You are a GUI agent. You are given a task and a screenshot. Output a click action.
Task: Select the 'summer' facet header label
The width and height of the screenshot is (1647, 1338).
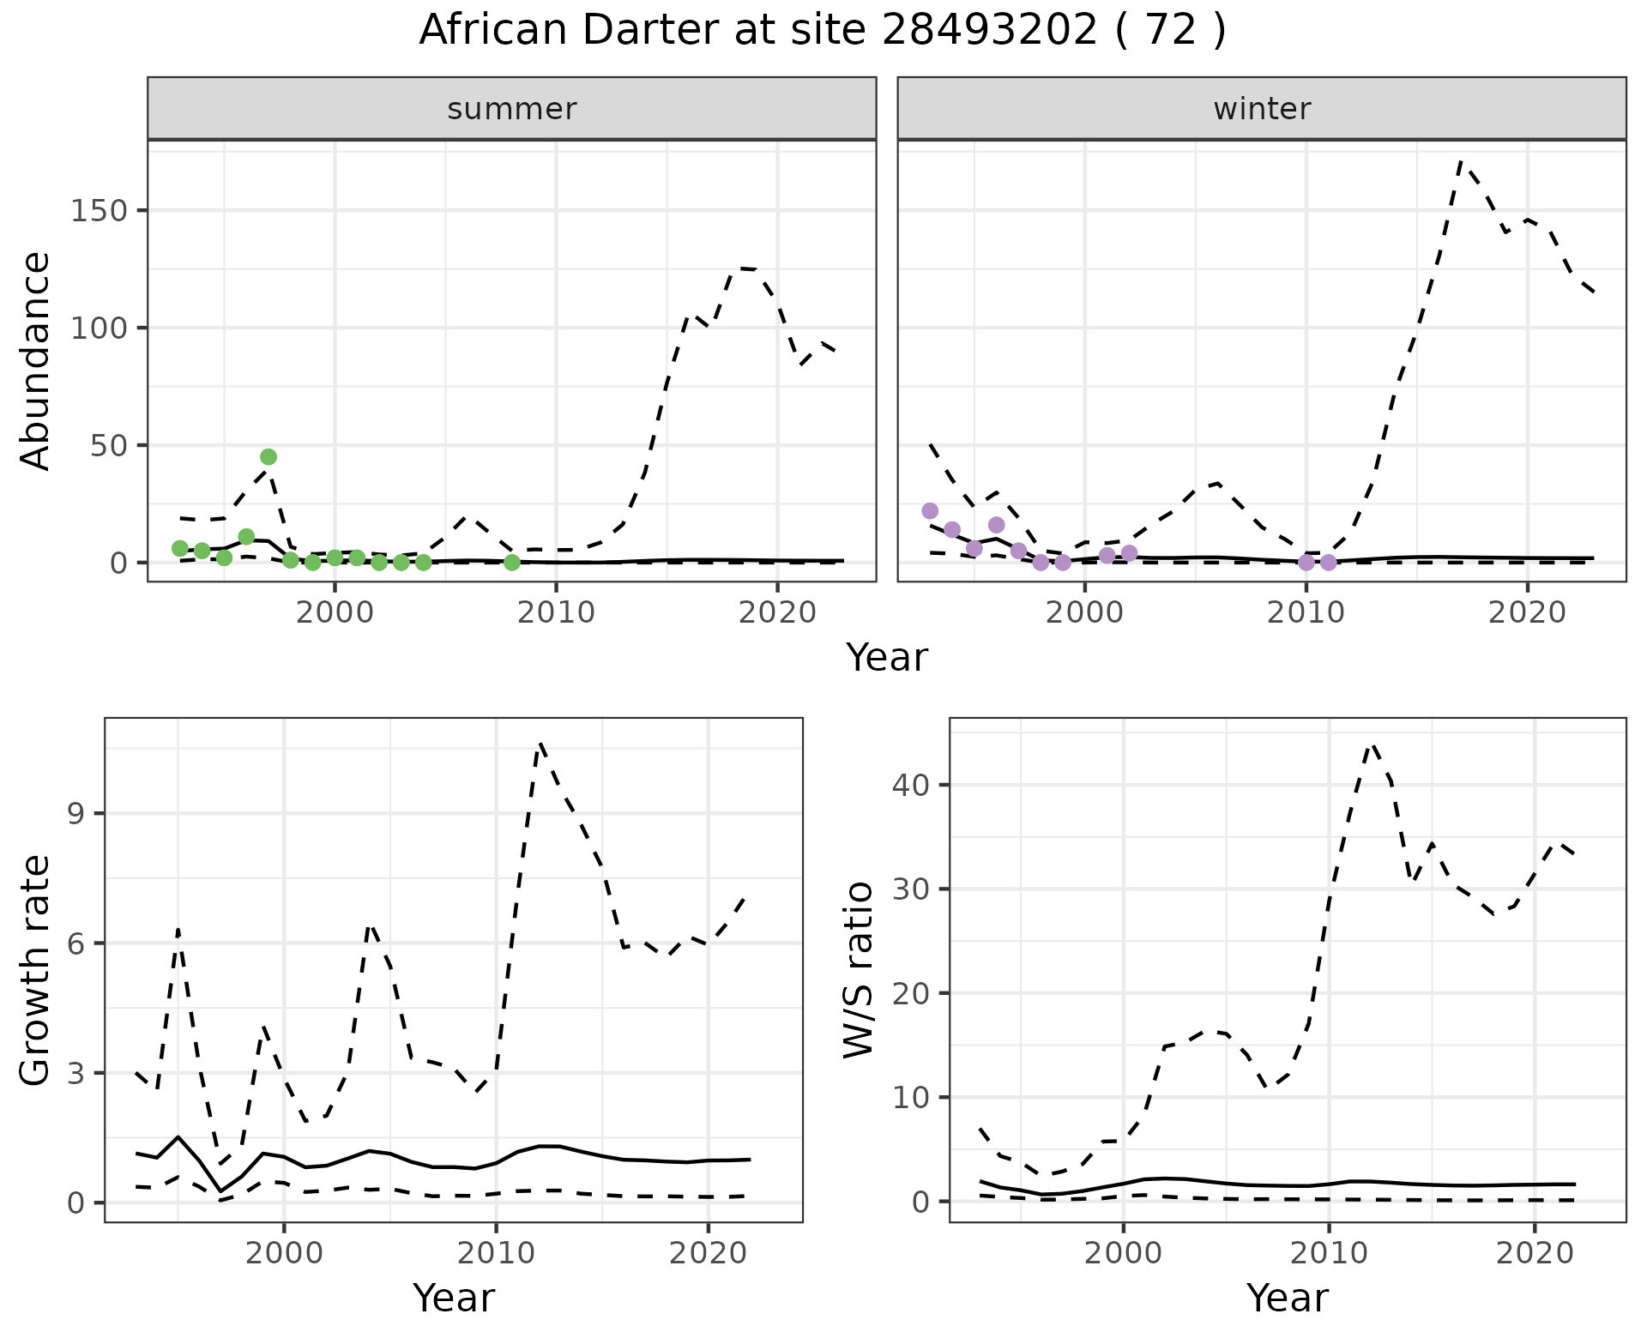coord(512,109)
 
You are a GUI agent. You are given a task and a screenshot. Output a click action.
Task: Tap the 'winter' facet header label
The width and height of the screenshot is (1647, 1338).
coord(1262,109)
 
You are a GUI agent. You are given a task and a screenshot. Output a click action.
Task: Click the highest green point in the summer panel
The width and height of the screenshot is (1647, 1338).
coord(268,457)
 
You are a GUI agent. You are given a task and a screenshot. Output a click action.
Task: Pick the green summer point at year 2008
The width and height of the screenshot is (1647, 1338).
coord(512,563)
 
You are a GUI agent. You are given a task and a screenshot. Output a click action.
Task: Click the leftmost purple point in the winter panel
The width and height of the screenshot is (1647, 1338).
coord(930,511)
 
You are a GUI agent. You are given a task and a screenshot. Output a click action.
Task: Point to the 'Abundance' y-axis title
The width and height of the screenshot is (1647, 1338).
coord(36,361)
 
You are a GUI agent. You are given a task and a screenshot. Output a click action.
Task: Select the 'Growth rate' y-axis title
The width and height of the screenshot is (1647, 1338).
coord(36,972)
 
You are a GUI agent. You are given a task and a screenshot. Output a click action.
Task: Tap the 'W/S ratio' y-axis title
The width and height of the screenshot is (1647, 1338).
coord(859,970)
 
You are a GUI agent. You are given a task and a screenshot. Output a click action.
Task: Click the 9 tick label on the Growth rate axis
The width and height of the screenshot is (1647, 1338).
coord(77,814)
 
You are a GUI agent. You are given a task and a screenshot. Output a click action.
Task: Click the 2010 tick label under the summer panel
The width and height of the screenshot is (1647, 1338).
coord(556,612)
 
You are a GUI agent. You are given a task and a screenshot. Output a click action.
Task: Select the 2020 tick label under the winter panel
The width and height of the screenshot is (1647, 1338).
coord(1527,612)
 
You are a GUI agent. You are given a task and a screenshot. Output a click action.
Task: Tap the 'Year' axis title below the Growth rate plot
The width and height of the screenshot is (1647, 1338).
coord(454,1298)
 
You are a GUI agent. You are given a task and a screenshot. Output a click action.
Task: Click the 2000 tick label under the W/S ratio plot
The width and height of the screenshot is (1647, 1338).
coord(1124,1254)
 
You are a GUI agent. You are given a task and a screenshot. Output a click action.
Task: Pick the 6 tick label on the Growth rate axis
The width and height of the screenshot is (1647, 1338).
coord(77,943)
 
